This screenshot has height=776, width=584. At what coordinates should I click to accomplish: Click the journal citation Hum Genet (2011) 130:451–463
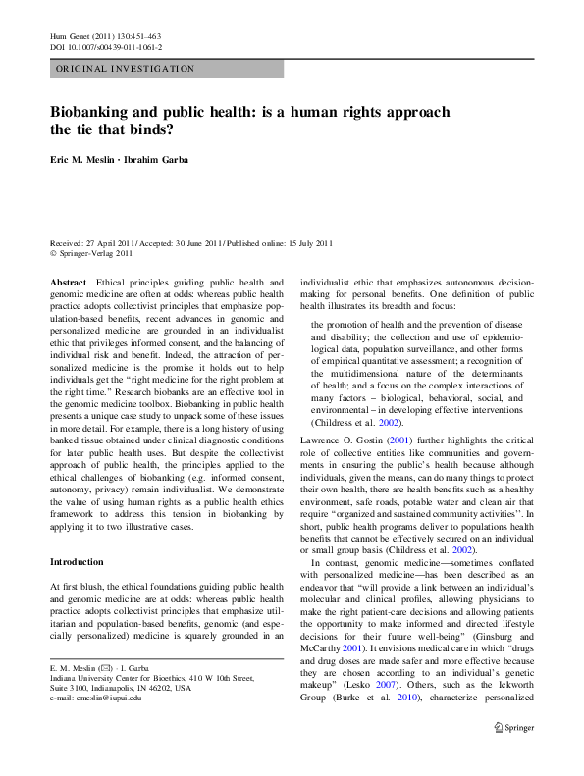(104, 35)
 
